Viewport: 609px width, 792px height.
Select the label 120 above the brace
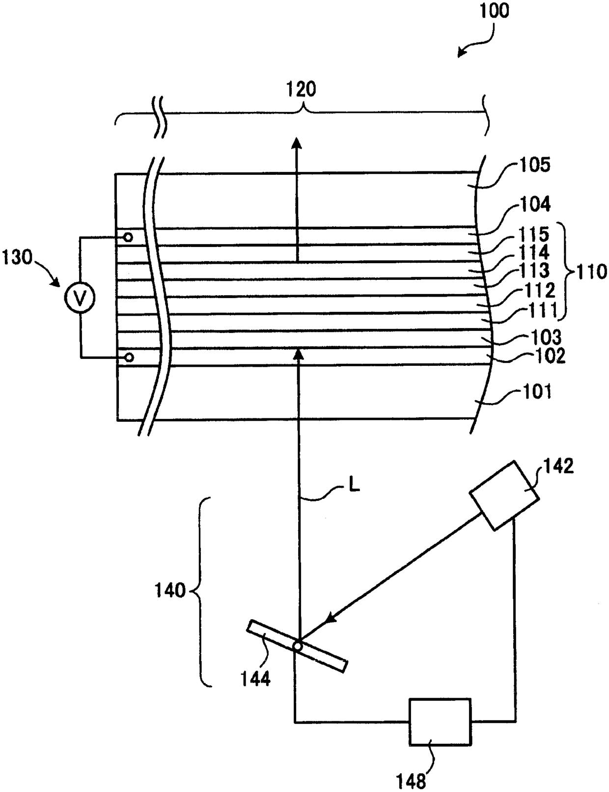[301, 89]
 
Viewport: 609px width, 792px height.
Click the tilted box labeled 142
[504, 495]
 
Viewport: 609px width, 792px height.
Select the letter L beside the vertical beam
[353, 485]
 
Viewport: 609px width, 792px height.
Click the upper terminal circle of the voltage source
[128, 238]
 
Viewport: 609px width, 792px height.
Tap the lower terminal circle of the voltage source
[129, 357]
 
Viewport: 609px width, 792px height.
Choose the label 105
[534, 165]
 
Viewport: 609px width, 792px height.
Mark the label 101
[538, 392]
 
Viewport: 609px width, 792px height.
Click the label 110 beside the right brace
[591, 271]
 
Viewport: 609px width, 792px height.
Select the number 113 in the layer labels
[535, 270]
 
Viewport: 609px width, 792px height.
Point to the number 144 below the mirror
[255, 680]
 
